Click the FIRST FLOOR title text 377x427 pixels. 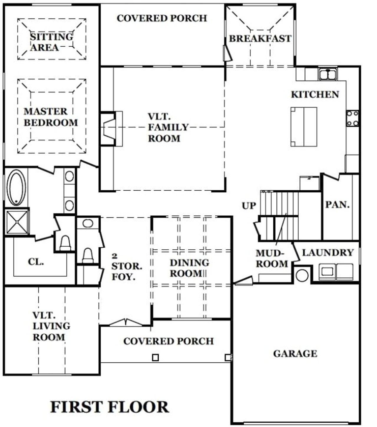click(110, 407)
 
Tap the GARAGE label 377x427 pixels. click(295, 354)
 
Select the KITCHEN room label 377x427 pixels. click(315, 94)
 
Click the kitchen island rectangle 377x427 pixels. click(304, 127)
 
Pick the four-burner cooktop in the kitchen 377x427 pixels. click(353, 118)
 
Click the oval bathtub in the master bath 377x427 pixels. click(16, 188)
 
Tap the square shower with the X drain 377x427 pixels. click(17, 222)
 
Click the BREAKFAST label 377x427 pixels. click(260, 39)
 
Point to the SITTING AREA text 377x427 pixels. click(51, 42)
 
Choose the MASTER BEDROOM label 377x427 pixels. click(51, 117)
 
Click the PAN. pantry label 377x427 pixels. click(337, 204)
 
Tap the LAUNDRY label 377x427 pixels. click(328, 253)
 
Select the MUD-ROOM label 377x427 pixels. click(271, 259)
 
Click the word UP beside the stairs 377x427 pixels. click(249, 206)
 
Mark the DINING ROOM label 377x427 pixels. click(189, 268)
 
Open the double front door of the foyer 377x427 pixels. click(126, 323)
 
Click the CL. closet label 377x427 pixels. click(36, 261)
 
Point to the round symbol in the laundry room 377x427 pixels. click(302, 275)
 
